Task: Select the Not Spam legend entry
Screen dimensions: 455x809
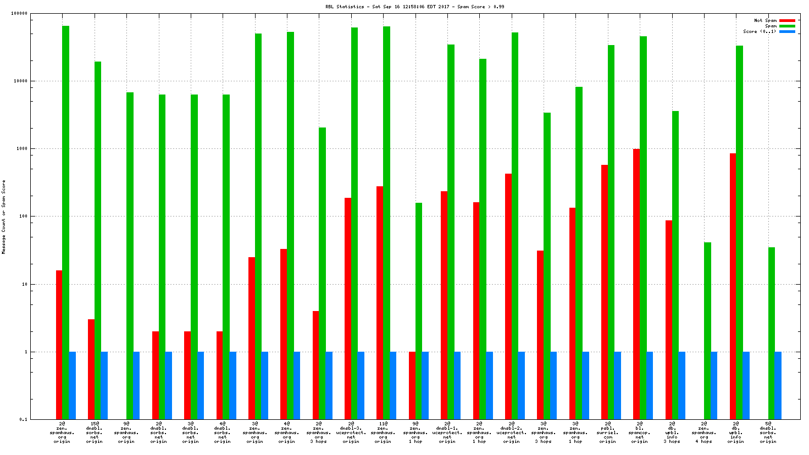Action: pyautogui.click(x=765, y=20)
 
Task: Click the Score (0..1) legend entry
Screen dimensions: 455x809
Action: pyautogui.click(x=760, y=31)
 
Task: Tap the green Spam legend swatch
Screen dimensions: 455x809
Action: pyautogui.click(x=787, y=26)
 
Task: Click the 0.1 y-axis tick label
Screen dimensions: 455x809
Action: pyautogui.click(x=23, y=419)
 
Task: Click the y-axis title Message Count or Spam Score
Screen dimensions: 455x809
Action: pyautogui.click(x=4, y=217)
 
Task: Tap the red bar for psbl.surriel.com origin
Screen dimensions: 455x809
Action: pyautogui.click(x=605, y=291)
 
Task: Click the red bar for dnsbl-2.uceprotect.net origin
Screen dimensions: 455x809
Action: pyautogui.click(x=508, y=296)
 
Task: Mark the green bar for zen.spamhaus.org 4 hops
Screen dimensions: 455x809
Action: pyautogui.click(x=707, y=330)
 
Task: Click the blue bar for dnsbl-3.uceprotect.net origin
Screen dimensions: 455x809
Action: pyautogui.click(x=361, y=385)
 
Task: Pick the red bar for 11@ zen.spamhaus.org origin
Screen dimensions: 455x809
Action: pyautogui.click(x=380, y=302)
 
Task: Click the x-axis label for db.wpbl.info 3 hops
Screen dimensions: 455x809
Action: pyautogui.click(x=672, y=432)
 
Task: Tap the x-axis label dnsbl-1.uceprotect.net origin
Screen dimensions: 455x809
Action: pyautogui.click(x=447, y=432)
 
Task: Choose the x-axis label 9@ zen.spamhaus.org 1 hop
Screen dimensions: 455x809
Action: pyautogui.click(x=415, y=432)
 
